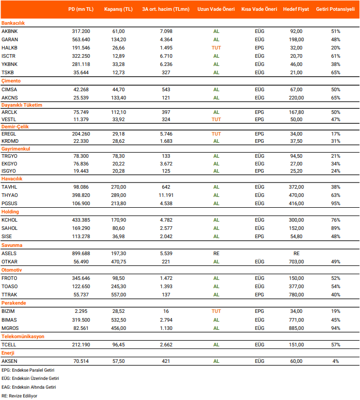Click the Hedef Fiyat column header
click(296, 9)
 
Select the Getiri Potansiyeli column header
click(335, 9)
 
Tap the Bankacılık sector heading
click(13, 23)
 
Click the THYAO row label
click(10, 195)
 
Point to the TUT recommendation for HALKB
click(216, 47)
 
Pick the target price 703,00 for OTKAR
click(296, 262)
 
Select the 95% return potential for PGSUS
click(335, 204)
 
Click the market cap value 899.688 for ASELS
click(81, 254)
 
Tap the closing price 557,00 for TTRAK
click(118, 295)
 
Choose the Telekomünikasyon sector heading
click(23, 336)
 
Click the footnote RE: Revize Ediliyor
click(20, 395)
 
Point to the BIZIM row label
click(9, 311)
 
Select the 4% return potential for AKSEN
click(335, 361)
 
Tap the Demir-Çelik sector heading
click(15, 125)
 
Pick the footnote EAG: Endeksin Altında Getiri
click(29, 387)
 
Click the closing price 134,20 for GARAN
click(118, 39)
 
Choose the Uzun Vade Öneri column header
click(216, 9)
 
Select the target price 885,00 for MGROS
click(296, 328)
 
